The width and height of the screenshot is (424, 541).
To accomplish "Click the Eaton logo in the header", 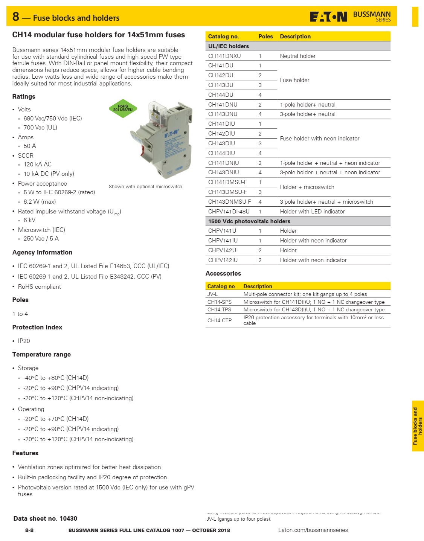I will (328, 17).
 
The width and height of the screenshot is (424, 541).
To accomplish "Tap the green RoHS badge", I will (123, 108).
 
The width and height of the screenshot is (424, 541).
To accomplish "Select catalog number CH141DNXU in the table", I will (224, 56).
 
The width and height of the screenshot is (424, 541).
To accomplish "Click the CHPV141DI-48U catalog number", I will (229, 212).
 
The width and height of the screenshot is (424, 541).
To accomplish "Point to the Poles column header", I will (265, 37).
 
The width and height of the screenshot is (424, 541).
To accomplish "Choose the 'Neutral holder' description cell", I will (297, 56).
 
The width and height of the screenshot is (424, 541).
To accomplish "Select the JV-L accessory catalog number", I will (212, 294).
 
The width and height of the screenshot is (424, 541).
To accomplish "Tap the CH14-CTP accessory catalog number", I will (219, 320).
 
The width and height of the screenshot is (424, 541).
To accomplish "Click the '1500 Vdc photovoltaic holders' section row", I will (249, 221).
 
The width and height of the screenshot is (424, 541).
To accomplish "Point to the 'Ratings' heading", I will (24, 96).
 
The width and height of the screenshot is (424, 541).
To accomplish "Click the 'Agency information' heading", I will (42, 252).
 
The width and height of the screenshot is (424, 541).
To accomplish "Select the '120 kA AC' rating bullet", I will (37, 165).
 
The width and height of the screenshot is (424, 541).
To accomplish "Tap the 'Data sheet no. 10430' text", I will (45, 518).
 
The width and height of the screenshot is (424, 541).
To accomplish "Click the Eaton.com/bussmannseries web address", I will (313, 530).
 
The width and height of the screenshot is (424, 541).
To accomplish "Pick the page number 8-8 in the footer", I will (29, 530).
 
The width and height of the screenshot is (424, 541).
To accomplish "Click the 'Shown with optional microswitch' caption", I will (145, 187).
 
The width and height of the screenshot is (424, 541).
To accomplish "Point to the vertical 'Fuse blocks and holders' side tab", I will (417, 426).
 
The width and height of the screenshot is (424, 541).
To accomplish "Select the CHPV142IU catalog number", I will (223, 260).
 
